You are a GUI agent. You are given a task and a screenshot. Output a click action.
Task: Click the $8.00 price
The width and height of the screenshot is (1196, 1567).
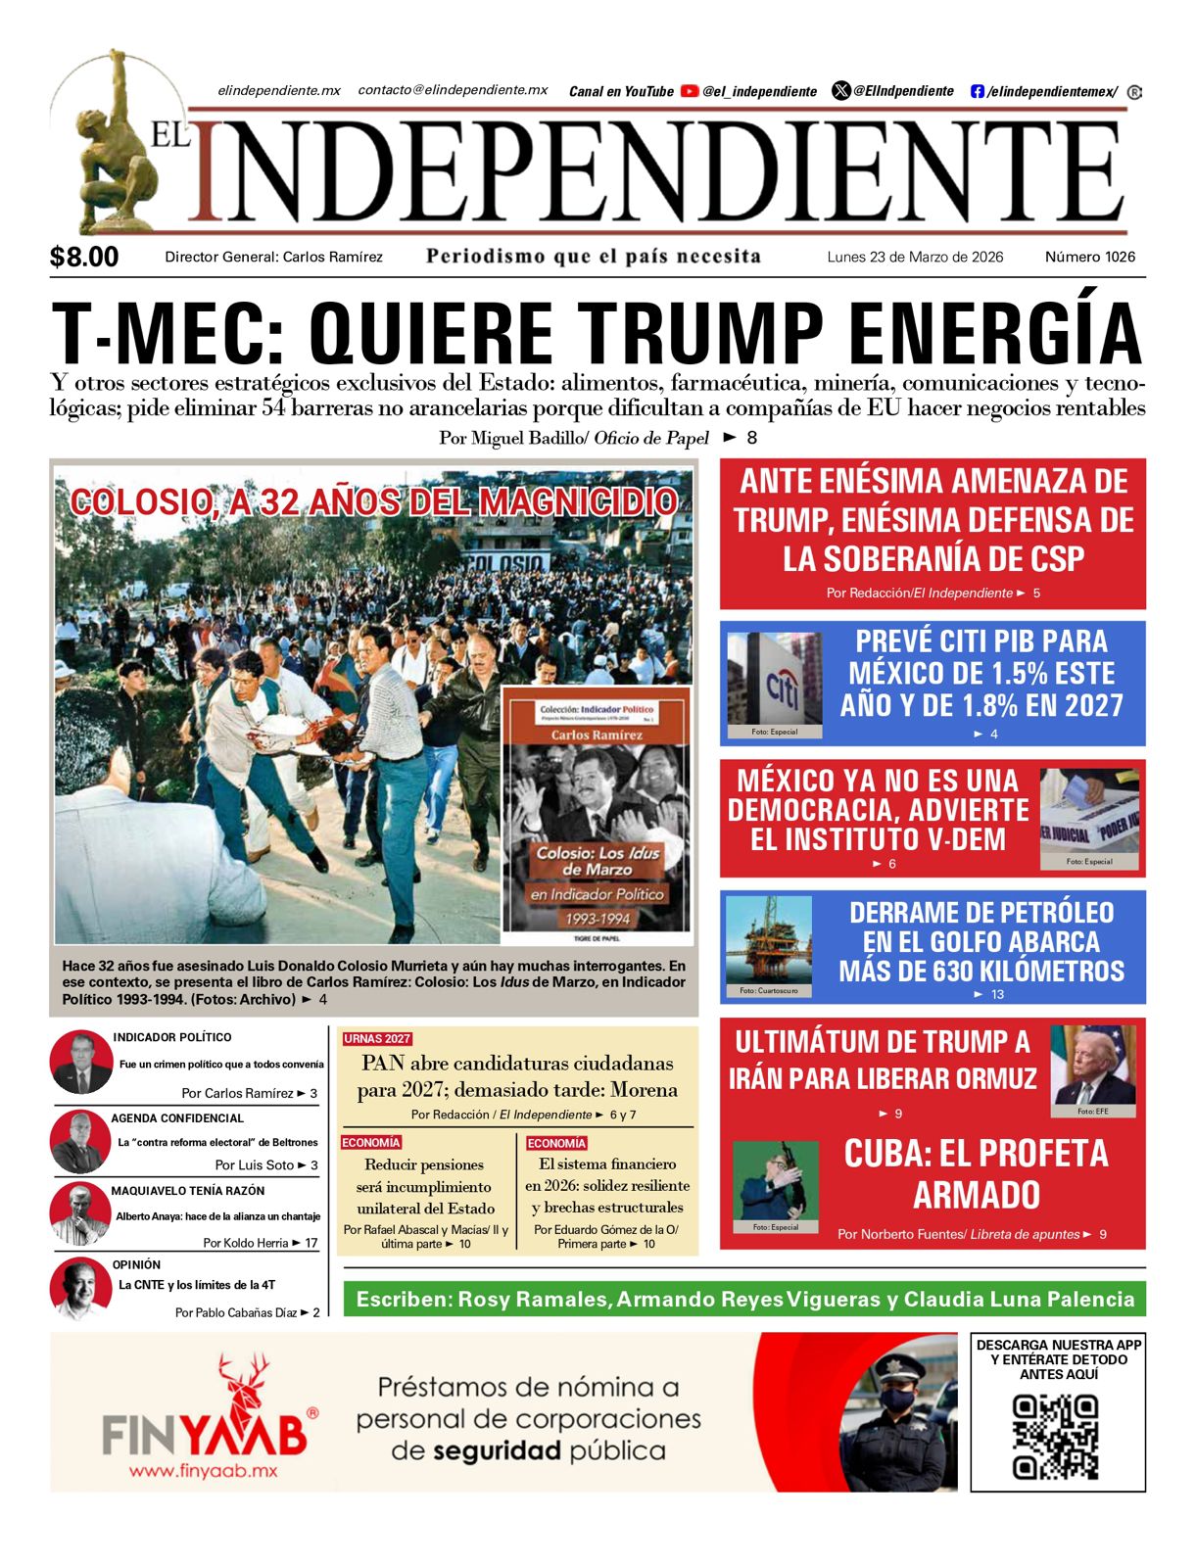coord(84,257)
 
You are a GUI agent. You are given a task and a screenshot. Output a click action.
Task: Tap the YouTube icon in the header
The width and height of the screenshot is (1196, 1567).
coord(690,91)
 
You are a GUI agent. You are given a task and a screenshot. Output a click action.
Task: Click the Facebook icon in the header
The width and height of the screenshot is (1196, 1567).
coord(977,91)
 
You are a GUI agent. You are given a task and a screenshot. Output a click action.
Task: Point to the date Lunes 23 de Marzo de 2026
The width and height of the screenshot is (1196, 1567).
coord(915,257)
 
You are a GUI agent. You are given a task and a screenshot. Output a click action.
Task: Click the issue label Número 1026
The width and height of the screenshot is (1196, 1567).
coord(1090,257)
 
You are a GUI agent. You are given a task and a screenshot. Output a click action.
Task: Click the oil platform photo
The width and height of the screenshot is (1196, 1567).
coord(769,944)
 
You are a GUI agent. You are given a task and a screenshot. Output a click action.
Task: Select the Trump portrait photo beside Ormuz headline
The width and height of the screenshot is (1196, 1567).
coord(1093,1068)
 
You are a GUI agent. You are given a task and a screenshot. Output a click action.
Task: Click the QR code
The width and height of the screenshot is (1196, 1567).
coord(1056,1437)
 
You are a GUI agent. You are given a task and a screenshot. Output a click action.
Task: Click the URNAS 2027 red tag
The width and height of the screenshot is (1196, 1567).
coord(377,1038)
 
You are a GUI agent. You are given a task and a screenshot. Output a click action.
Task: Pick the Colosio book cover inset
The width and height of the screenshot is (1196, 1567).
coord(597,814)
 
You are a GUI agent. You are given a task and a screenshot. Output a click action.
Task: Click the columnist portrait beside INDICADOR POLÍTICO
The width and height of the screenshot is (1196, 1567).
coord(82,1063)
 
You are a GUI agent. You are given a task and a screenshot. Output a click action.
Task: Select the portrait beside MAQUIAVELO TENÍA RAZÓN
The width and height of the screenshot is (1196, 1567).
coord(80,1214)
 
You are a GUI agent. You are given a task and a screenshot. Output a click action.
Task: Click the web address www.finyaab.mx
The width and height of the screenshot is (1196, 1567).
coord(204,1471)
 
